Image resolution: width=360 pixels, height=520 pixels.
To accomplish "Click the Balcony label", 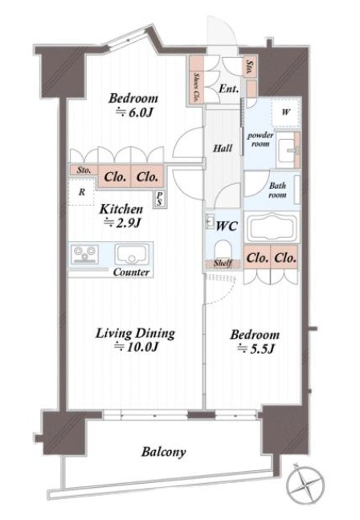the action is pos(163,452).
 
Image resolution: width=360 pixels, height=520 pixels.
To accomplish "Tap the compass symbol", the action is pos(305,482).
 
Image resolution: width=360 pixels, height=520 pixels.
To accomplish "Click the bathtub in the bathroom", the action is pos(272,227).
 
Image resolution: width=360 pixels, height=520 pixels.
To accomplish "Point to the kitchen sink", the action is pos(132,255).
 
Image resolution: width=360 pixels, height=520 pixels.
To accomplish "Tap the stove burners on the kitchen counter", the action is pos(85,254).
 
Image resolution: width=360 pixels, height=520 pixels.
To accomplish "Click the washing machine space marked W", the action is pos(286,113).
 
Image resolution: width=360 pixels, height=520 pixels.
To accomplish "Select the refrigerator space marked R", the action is pos(81,192).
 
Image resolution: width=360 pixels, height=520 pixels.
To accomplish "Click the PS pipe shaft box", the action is pos(159,199).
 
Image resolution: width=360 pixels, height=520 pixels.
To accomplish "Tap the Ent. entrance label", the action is pos(228,89).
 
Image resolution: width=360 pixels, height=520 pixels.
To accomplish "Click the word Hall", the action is pos(223,148).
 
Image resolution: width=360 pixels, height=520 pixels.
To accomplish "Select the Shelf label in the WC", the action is pos(223,264).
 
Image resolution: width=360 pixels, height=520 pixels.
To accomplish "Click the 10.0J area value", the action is pos(137,347).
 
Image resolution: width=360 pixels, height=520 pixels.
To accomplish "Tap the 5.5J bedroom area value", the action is pos(256,349).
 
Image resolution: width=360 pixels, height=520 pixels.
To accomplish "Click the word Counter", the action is pos(131,272).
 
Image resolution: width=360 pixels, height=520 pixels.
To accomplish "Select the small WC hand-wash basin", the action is pos(210,222).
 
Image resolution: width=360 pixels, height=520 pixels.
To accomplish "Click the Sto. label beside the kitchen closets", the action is pos(84,170).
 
